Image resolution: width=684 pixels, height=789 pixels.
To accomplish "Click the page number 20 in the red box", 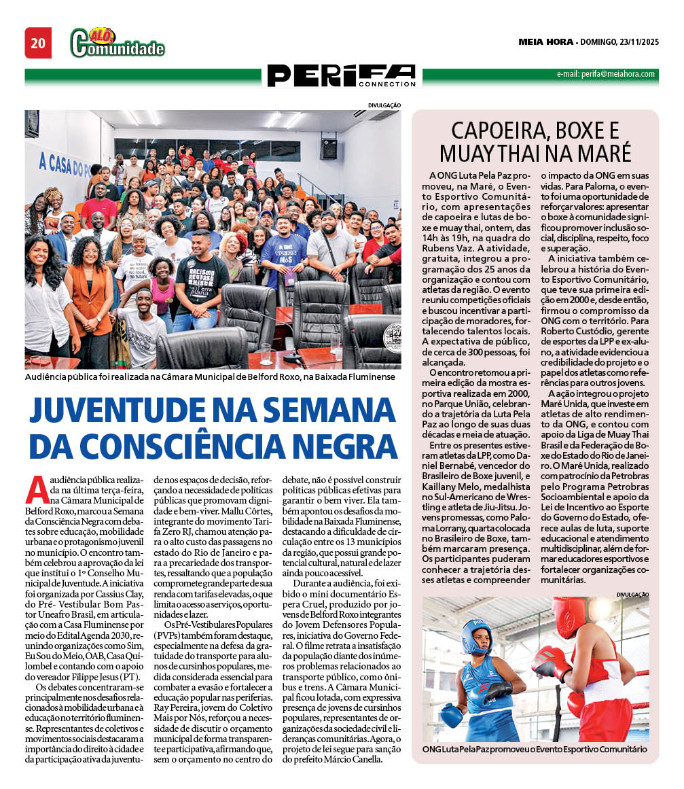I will pos(38,43).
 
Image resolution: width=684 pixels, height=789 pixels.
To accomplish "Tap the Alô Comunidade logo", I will pos(118,43).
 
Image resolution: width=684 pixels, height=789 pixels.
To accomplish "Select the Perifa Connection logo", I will pos(341,75).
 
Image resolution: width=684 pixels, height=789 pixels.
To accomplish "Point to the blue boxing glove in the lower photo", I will pos(451,714).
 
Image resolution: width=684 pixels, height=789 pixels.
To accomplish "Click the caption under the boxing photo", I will pos(534,750).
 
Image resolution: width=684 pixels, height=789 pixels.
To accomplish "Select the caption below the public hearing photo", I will pos(209,376).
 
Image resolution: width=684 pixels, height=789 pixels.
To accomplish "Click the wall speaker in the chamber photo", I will pos(329,145).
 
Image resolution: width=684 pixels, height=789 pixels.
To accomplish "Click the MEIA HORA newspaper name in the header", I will pos(545,42).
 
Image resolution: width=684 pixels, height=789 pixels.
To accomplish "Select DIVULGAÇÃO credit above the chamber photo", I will pos(384,105).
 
